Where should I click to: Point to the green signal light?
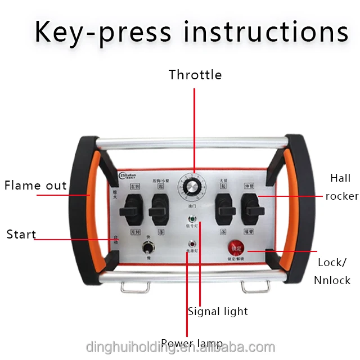point(194,219)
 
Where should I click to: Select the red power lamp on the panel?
point(193,244)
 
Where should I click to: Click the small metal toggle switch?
point(150,248)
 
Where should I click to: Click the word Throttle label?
point(195,75)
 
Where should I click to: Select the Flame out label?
point(36,185)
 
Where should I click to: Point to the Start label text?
point(21,234)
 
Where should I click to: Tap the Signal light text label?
point(218,311)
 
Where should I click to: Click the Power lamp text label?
point(191,343)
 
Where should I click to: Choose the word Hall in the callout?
point(340,178)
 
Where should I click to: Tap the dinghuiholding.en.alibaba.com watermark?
point(180,347)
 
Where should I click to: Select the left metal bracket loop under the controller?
point(136,286)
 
